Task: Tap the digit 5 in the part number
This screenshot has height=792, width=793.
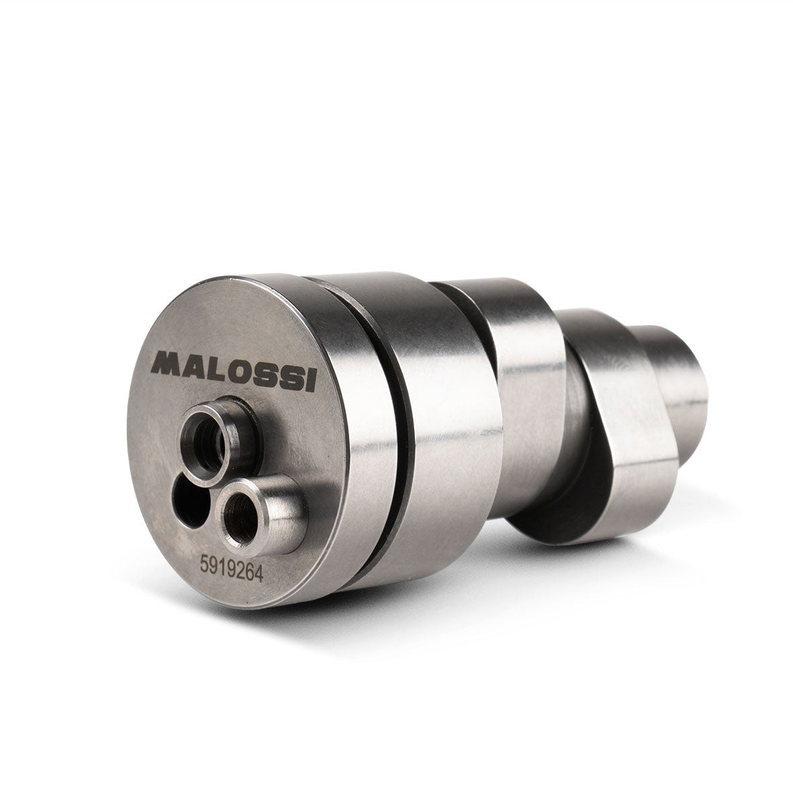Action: coord(204,563)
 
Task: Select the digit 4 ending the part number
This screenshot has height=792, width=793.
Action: coord(258,574)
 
